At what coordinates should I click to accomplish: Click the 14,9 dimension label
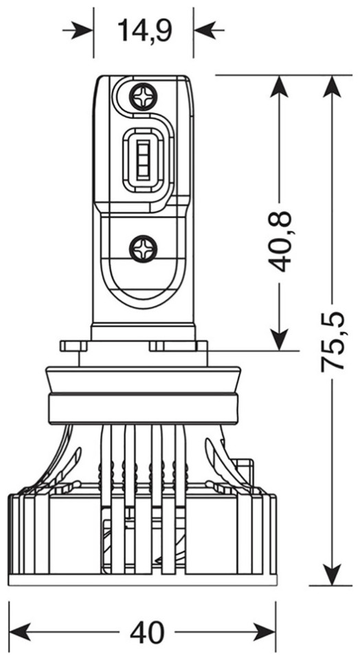point(144,30)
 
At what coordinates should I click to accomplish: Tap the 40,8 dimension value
point(279,241)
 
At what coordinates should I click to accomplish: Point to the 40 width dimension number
point(147,632)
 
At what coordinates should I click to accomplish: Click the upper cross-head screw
point(144,97)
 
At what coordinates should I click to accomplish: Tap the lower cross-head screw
point(143,249)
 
